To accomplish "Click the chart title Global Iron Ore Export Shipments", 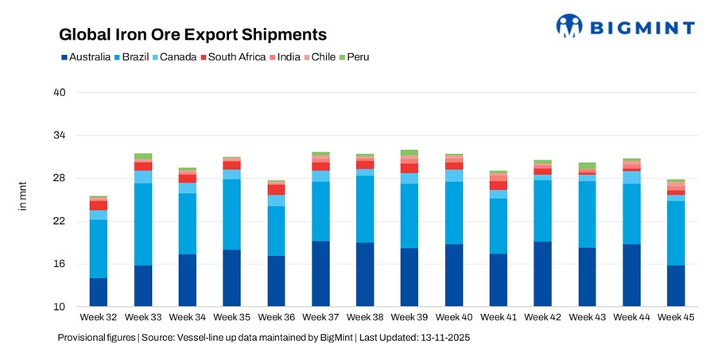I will pyautogui.click(x=192, y=35).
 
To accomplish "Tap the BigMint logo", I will pyautogui.click(x=625, y=26).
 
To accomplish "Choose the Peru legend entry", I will pyautogui.click(x=354, y=57).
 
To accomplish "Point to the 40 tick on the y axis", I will pyautogui.click(x=59, y=93).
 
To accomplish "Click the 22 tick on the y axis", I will pyautogui.click(x=59, y=221).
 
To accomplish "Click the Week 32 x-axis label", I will pyautogui.click(x=99, y=318).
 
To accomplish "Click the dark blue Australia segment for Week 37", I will pyautogui.click(x=320, y=274).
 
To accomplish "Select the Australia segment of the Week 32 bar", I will pyautogui.click(x=99, y=292).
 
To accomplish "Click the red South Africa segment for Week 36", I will pyautogui.click(x=276, y=190).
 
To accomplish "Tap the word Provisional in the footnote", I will pyautogui.click(x=84, y=338).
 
